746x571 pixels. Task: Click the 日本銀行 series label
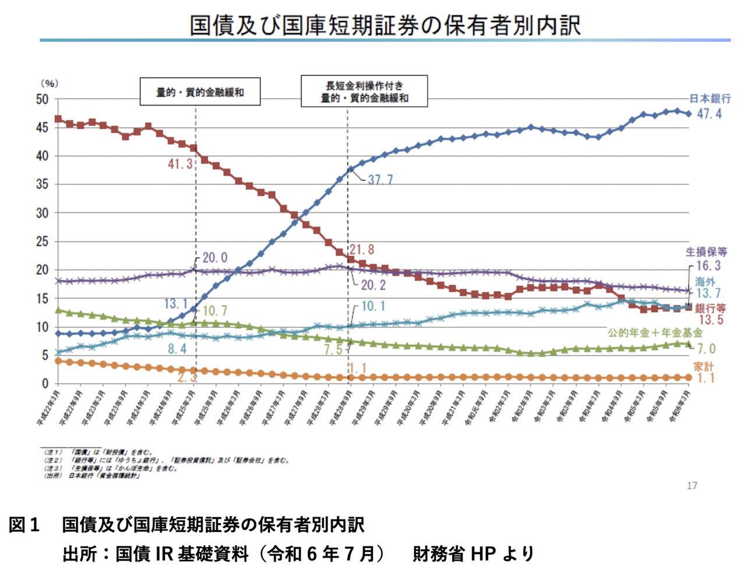[x=709, y=99]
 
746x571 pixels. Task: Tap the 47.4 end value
[x=709, y=114]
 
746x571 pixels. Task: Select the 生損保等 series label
[x=706, y=252]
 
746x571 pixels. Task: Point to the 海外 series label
[x=705, y=282]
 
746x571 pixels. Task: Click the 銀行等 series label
[x=710, y=308]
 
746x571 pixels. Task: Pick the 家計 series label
[x=703, y=366]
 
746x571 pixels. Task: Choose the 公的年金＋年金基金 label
[x=655, y=333]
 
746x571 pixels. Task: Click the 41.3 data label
[x=180, y=164]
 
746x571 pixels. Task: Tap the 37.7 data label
[x=381, y=180]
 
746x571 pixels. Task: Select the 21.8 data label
[x=362, y=250]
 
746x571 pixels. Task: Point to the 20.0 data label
[x=215, y=258]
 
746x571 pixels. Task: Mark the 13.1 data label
[x=175, y=304]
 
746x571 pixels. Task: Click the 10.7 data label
[x=215, y=311]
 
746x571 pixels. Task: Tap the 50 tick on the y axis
[x=42, y=99]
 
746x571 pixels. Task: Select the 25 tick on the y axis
[x=42, y=241]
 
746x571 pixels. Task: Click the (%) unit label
[x=49, y=84]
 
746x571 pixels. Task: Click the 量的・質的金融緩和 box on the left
[x=200, y=92]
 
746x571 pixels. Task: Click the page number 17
[x=692, y=486]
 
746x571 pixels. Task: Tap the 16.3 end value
[x=709, y=266]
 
